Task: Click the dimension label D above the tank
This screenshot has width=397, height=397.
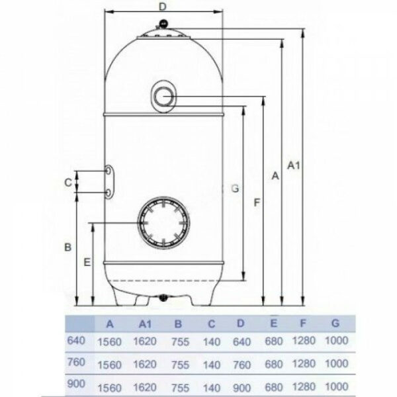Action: click(163, 7)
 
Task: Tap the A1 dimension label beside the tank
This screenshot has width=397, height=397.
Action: click(293, 166)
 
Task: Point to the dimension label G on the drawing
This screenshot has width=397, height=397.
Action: click(235, 189)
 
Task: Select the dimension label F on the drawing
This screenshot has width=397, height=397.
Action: click(257, 202)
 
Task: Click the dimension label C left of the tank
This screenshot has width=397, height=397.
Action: click(68, 183)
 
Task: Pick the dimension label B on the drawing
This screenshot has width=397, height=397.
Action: click(68, 247)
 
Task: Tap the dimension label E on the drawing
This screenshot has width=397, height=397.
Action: click(87, 262)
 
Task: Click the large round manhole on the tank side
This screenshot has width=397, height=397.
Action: click(163, 222)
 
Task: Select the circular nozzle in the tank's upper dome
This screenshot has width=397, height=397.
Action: click(163, 97)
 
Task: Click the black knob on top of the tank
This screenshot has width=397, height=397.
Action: click(163, 24)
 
